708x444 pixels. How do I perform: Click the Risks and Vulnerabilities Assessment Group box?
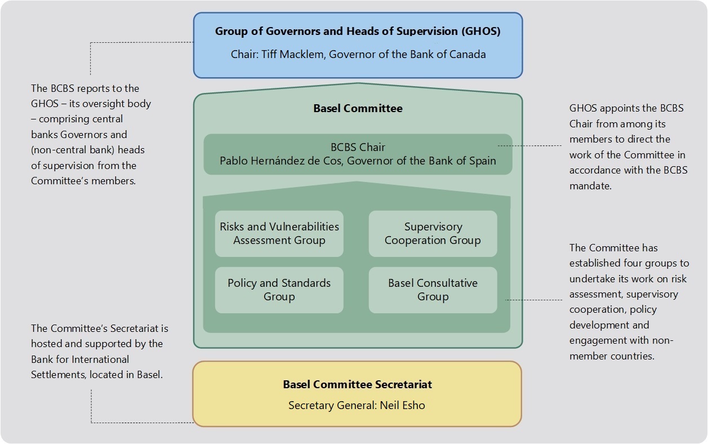point(279,234)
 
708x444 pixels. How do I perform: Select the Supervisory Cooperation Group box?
point(433,234)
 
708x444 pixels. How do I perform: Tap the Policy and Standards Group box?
point(279,290)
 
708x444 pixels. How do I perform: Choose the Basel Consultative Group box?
point(433,290)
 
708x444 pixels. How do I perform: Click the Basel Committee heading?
point(358,109)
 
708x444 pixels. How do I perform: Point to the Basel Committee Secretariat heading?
point(357,384)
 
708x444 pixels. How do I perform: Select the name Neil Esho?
point(402,405)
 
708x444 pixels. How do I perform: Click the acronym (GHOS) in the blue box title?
point(481,32)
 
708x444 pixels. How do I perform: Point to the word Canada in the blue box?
point(467,55)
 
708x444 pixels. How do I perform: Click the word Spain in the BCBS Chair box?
point(483,161)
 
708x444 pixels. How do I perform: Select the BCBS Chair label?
point(358,147)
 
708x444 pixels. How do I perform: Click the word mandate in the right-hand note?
point(590,186)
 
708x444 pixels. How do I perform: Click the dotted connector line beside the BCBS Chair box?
point(530,146)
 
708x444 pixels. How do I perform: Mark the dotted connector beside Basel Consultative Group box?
point(533,300)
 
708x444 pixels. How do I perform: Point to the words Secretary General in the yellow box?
point(332,406)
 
